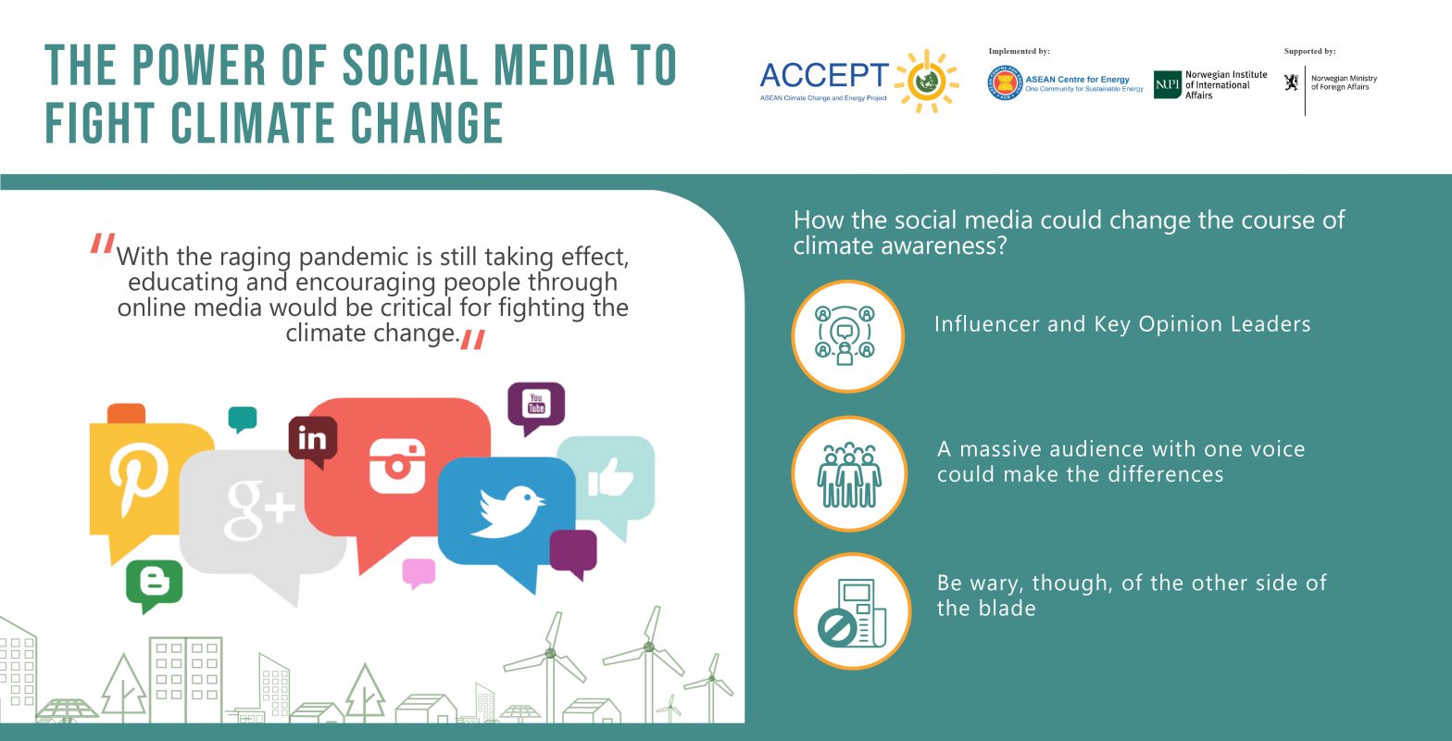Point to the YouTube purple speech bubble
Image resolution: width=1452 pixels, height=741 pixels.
pyautogui.click(x=536, y=405)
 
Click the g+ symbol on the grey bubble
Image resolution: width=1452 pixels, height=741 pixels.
pyautogui.click(x=258, y=509)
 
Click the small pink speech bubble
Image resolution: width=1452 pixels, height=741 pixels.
pyautogui.click(x=419, y=572)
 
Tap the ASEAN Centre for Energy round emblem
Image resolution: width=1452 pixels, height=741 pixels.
pyautogui.click(x=1004, y=84)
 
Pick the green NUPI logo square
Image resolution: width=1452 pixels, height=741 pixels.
pyautogui.click(x=1167, y=84)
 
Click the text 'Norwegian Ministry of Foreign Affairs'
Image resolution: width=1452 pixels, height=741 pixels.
pyautogui.click(x=1344, y=82)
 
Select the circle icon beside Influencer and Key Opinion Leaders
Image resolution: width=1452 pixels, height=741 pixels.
pyautogui.click(x=846, y=336)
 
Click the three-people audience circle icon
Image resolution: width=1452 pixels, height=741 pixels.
pyautogui.click(x=848, y=473)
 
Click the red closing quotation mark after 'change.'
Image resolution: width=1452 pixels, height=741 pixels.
pyautogui.click(x=472, y=340)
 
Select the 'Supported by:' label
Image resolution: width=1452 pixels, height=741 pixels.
pyautogui.click(x=1309, y=52)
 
